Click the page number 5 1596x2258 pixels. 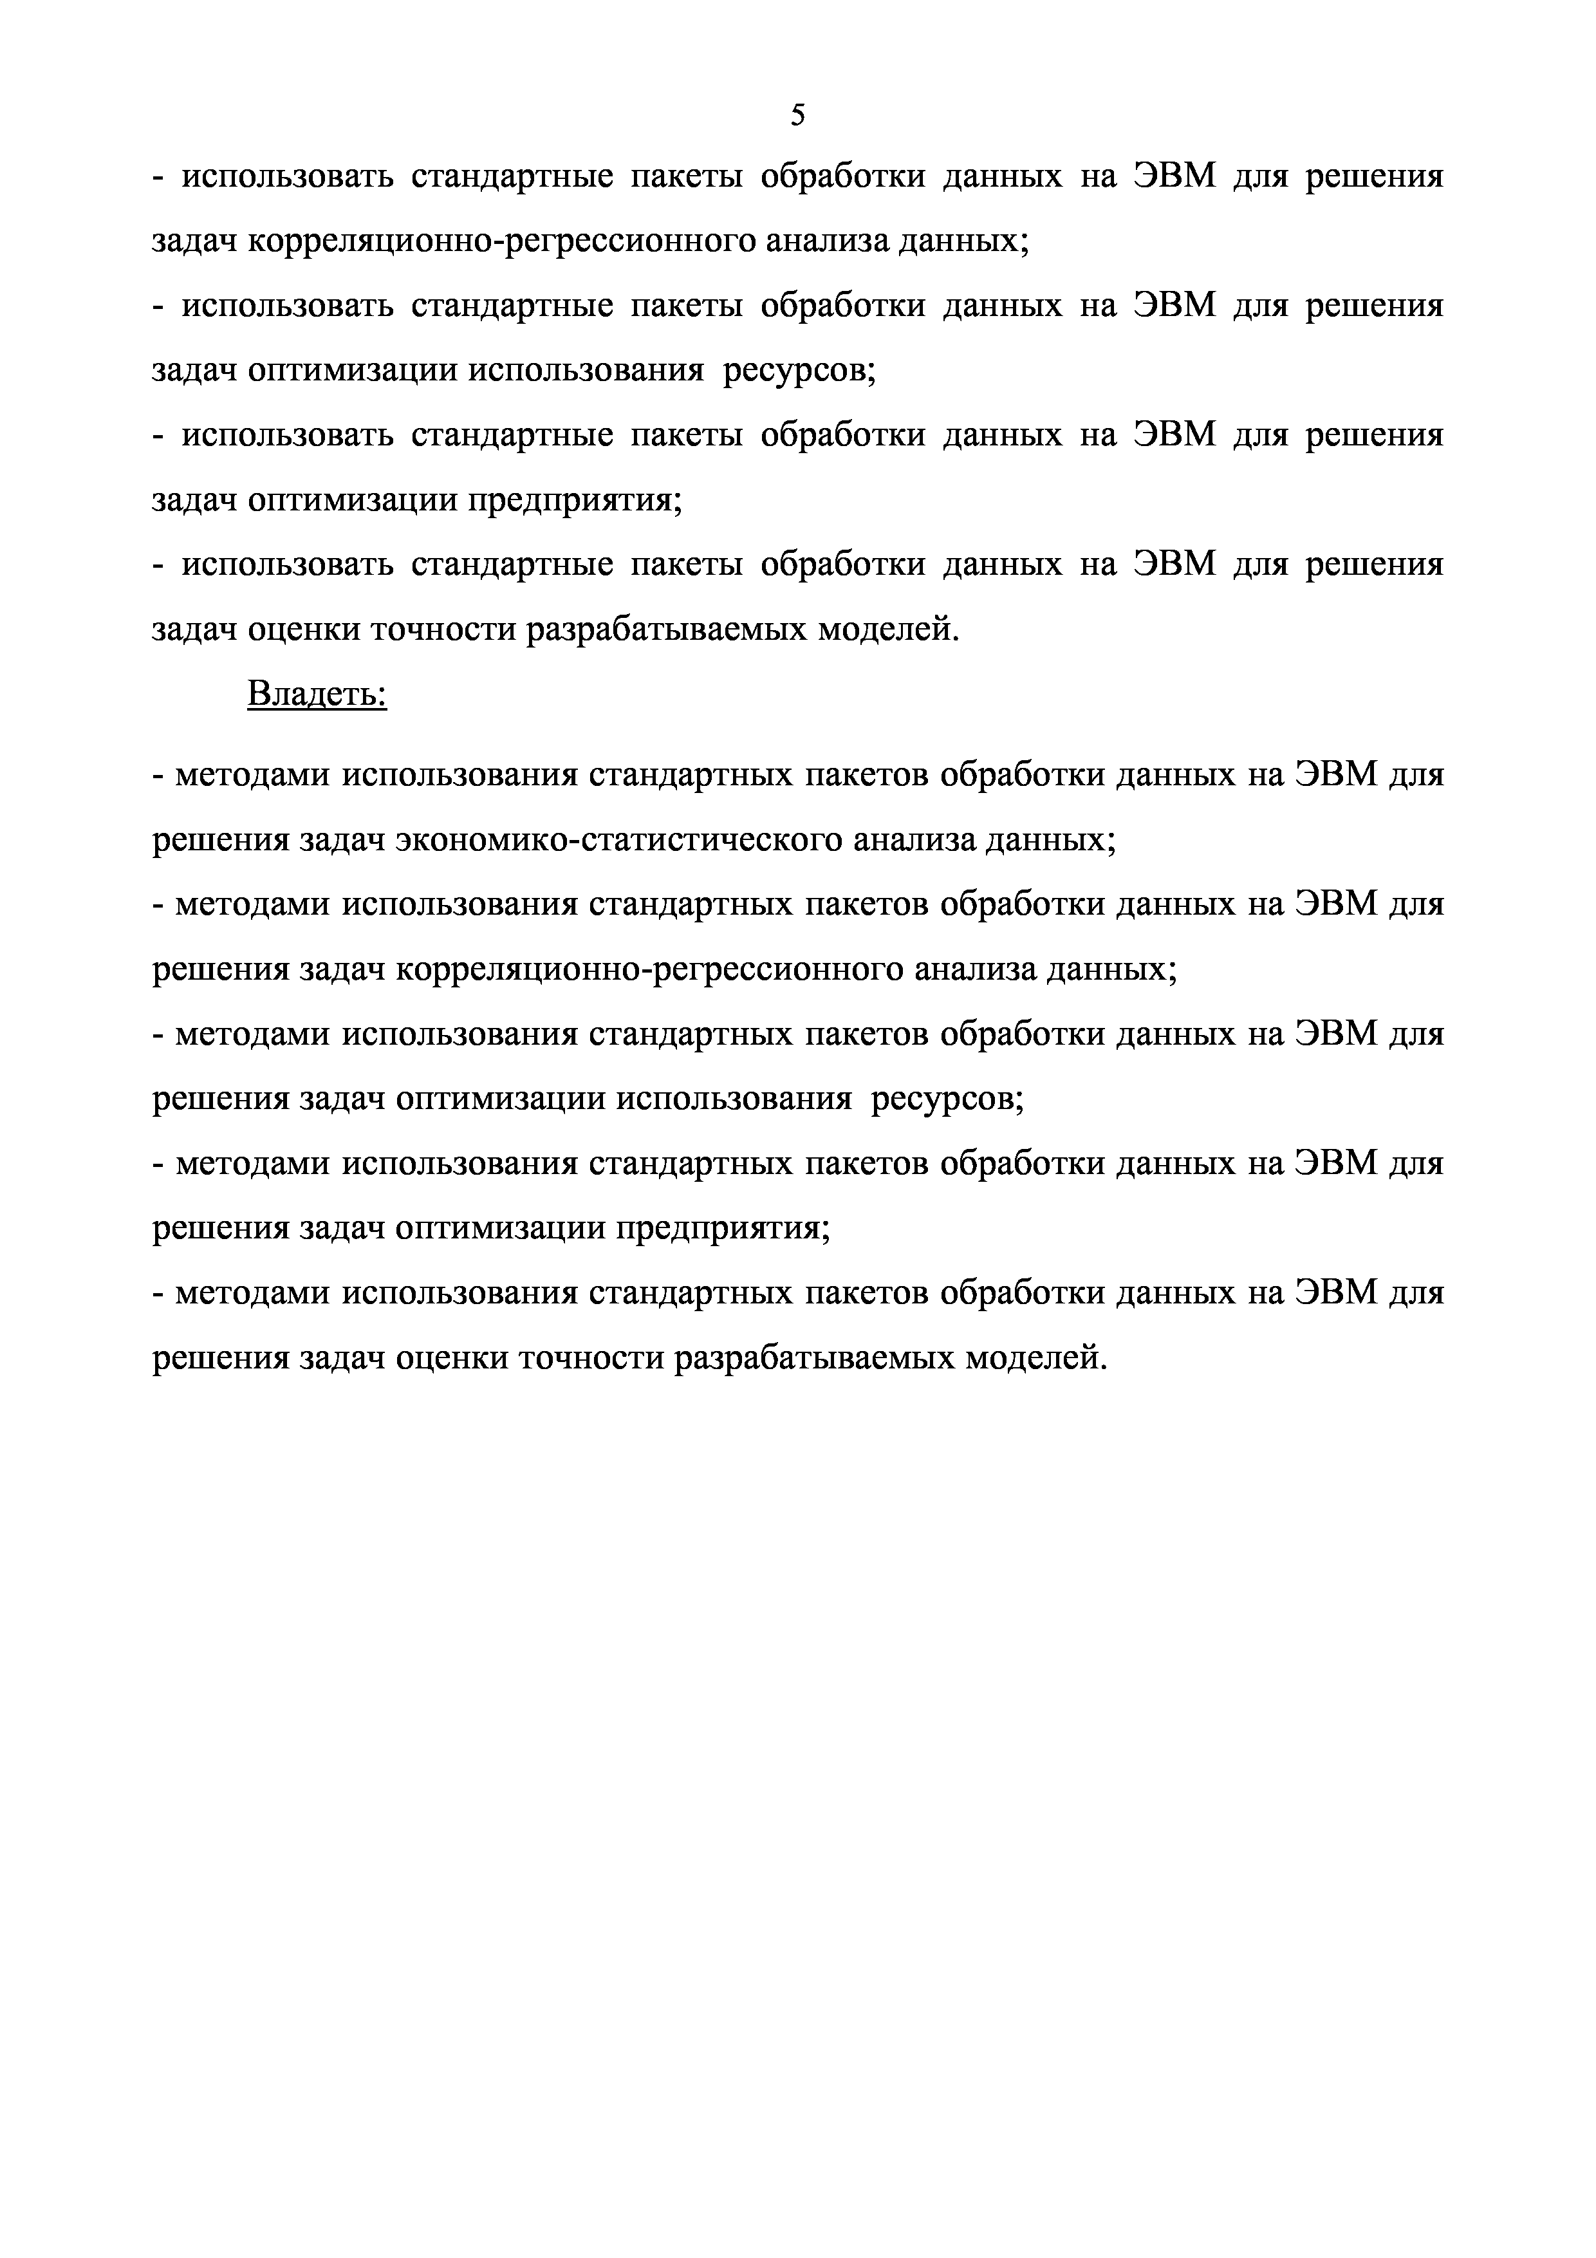coord(797,116)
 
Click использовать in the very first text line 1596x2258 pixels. coord(287,177)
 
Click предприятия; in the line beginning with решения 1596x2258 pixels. coord(723,1228)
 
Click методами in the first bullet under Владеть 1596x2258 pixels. coord(253,775)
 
